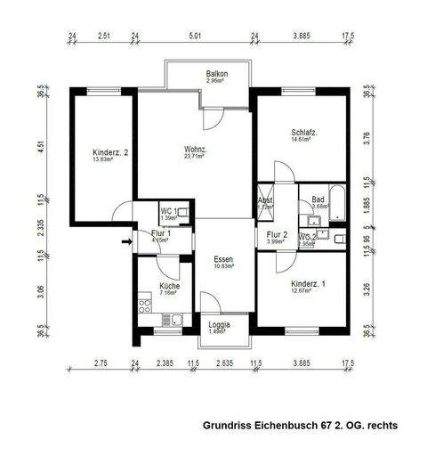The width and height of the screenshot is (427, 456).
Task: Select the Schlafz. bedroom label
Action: (304, 133)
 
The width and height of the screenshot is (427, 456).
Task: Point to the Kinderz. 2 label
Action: (111, 152)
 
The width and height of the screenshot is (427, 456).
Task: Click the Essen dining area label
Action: (223, 258)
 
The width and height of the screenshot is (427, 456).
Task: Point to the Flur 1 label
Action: (161, 232)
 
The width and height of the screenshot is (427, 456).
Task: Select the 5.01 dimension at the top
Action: (196, 37)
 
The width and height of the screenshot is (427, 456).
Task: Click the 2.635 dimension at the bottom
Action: (225, 363)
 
